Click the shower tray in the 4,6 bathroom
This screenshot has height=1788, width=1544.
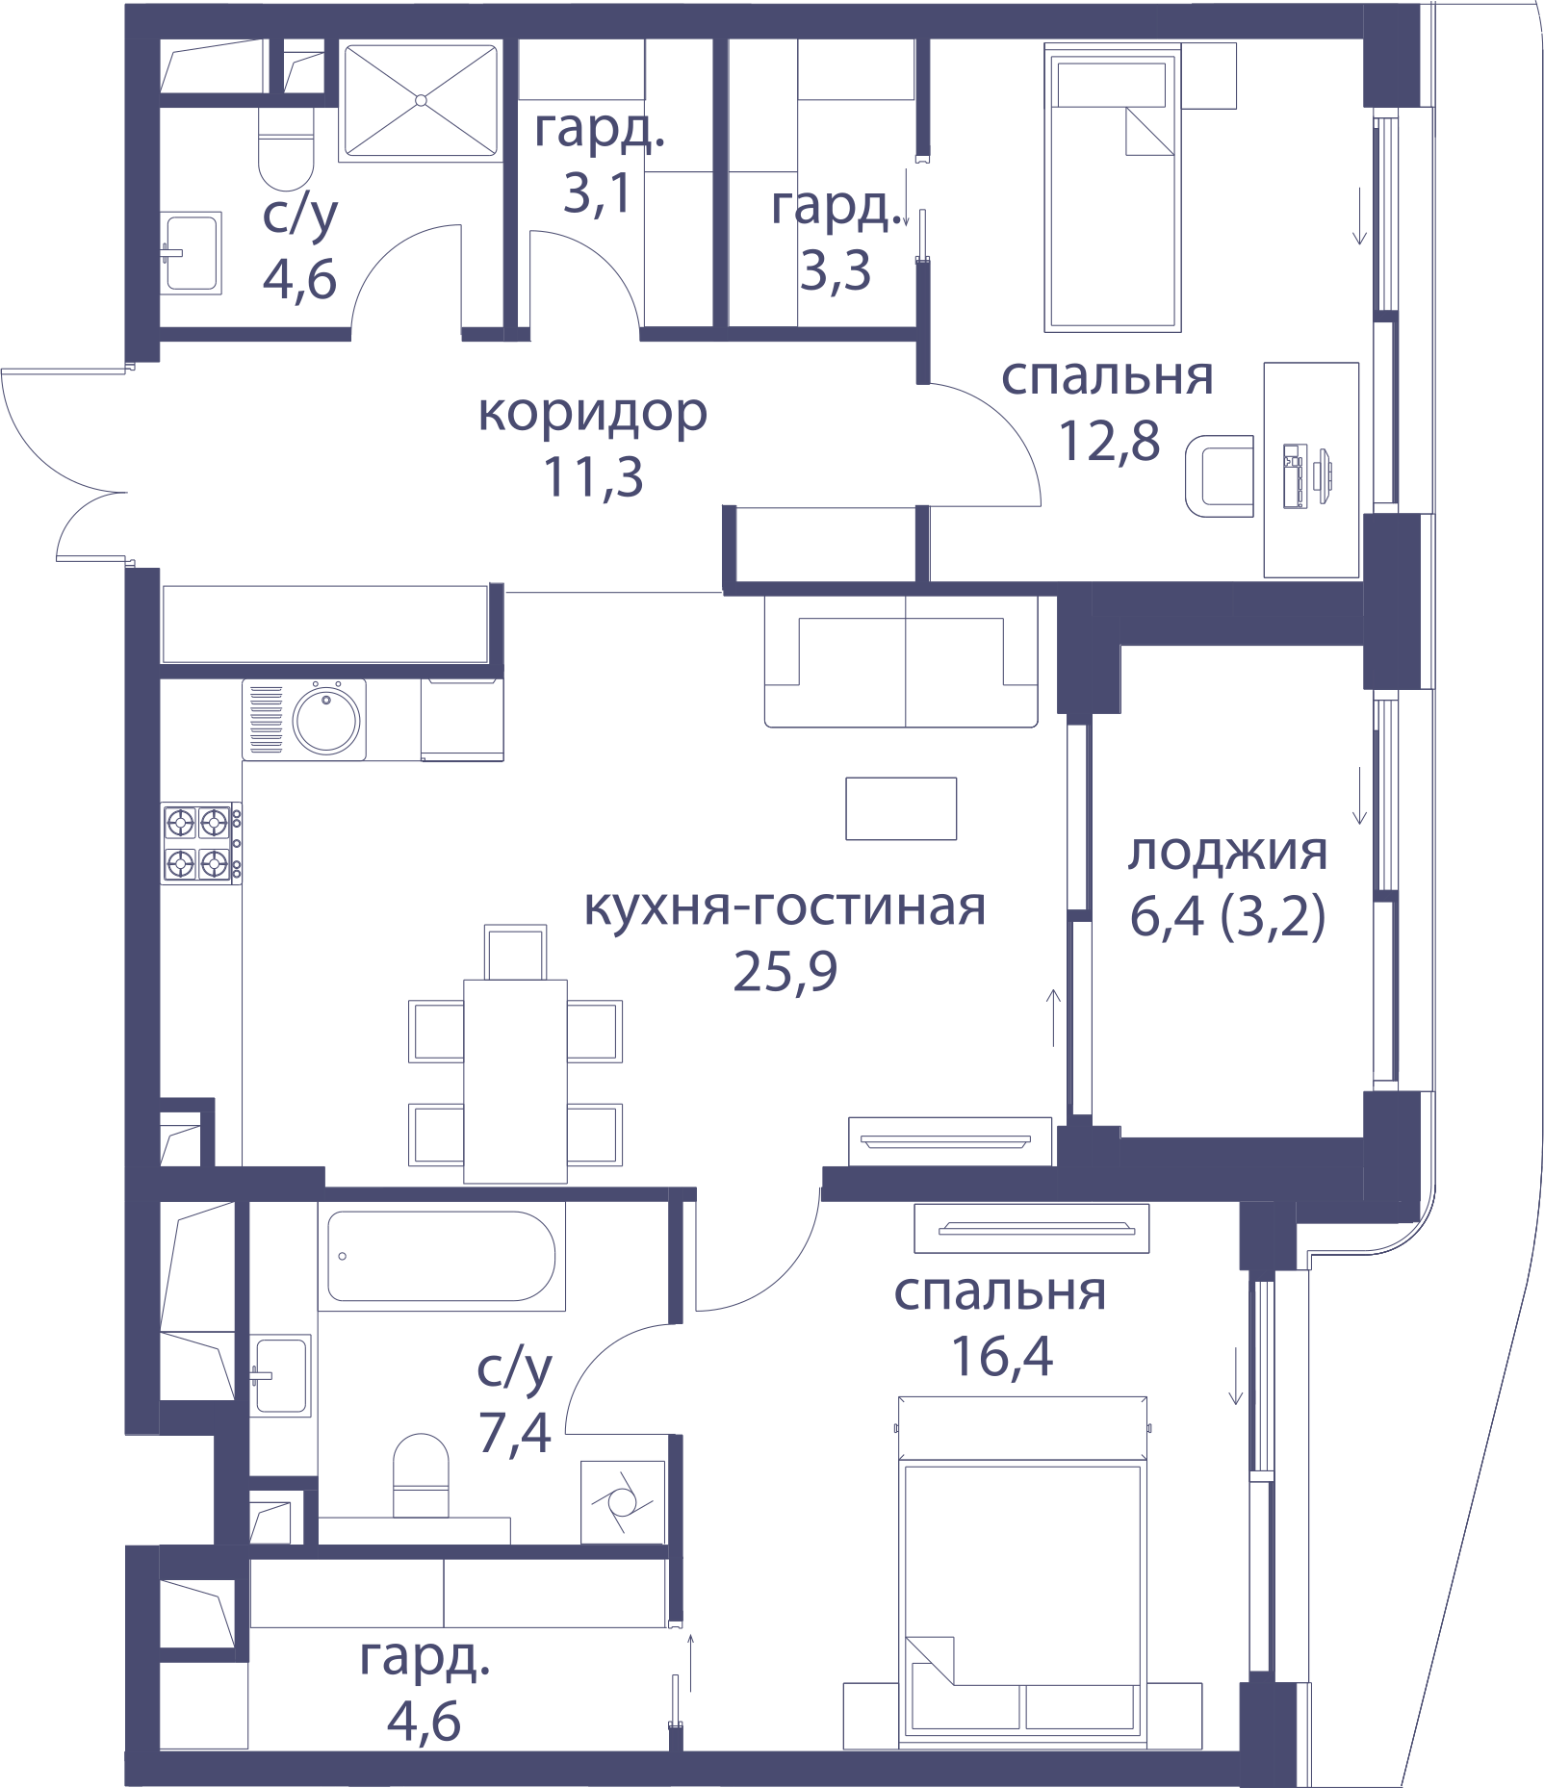[x=421, y=100]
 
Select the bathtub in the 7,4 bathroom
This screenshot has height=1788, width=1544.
[x=442, y=1256]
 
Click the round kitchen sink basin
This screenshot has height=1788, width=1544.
[x=326, y=720]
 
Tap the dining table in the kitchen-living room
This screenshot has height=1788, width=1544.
[x=515, y=1081]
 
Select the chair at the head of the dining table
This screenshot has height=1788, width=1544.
[x=515, y=952]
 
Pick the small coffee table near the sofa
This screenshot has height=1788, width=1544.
[x=901, y=808]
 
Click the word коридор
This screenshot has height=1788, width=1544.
[x=593, y=413]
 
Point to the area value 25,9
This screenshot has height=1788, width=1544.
[x=785, y=971]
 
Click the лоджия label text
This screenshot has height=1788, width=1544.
[x=1227, y=853]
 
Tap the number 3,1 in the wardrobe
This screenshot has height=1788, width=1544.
[x=598, y=193]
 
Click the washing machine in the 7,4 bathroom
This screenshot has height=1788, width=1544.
[x=622, y=1501]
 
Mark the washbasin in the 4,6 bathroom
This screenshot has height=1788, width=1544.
[x=191, y=253]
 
